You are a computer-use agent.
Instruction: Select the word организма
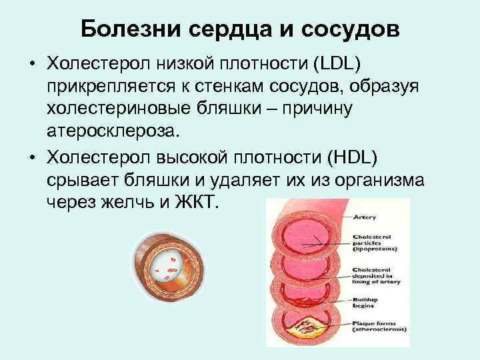point(386,179)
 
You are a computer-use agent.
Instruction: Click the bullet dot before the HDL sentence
point(31,158)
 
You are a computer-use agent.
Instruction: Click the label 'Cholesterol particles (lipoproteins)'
point(374,243)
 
